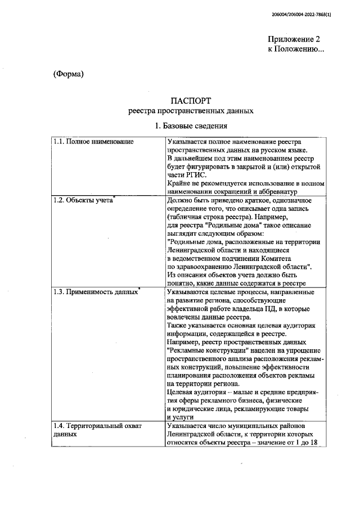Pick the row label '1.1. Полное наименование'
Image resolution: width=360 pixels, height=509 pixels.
tap(93, 141)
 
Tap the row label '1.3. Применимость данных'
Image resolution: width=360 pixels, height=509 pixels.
tap(94, 292)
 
